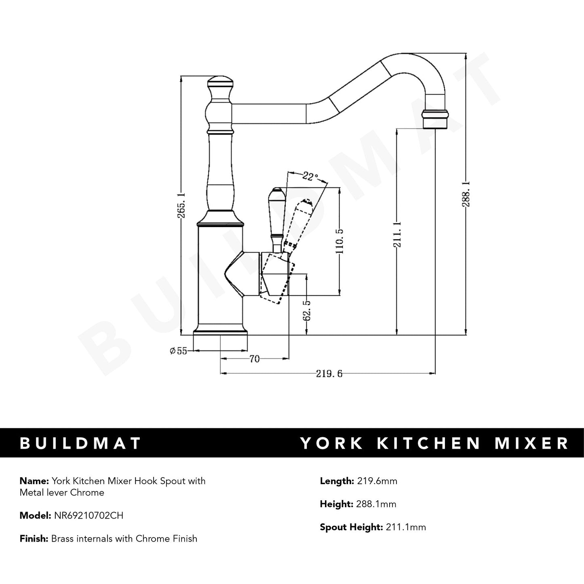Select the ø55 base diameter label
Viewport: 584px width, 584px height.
click(x=178, y=351)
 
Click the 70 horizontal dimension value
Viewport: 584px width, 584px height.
click(x=254, y=359)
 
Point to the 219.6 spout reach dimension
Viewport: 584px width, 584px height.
click(x=329, y=374)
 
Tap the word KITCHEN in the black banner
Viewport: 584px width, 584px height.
click(x=429, y=443)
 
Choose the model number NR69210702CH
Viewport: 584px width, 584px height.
click(x=89, y=515)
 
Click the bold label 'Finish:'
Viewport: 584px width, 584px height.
click(x=34, y=538)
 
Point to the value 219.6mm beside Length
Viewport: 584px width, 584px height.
click(x=377, y=481)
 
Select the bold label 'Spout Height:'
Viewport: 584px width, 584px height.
click(x=351, y=527)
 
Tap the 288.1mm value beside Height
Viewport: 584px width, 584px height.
click(x=376, y=504)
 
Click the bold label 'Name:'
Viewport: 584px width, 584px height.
click(x=34, y=481)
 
